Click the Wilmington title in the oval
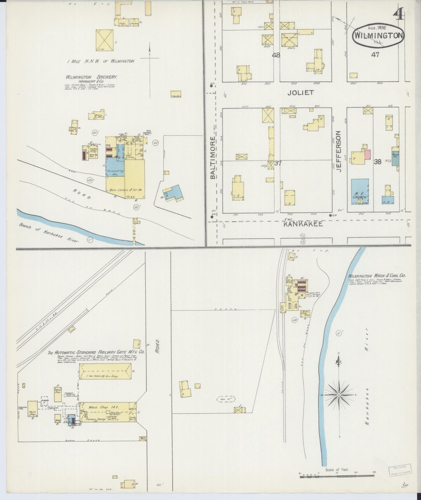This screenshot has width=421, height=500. [378, 36]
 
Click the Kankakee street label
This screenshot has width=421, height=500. [303, 224]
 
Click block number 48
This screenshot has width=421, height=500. [276, 55]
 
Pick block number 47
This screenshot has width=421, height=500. [375, 54]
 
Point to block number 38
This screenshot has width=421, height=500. [377, 162]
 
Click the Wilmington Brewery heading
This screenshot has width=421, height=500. [91, 77]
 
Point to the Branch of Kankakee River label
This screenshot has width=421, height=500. [49, 233]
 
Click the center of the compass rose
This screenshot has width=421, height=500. [339, 395]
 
